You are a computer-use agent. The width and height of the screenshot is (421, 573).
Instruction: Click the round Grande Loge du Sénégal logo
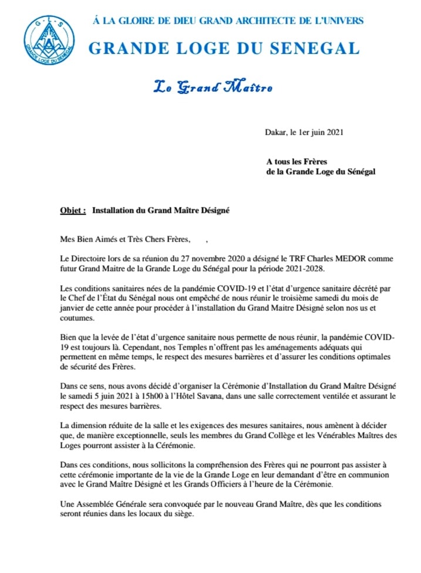(x=49, y=41)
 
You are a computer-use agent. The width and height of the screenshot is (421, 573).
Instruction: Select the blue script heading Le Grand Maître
(x=213, y=88)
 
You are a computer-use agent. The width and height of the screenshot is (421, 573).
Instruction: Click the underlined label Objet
(x=73, y=210)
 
